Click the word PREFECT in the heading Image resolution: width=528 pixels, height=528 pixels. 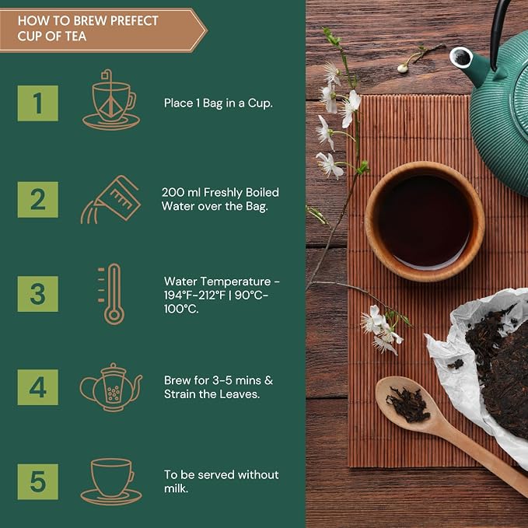point(134,21)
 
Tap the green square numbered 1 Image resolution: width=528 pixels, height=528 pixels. point(37,103)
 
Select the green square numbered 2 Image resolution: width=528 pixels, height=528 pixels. point(37,200)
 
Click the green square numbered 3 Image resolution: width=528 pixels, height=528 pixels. point(37,294)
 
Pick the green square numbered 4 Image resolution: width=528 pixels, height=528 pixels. point(37,387)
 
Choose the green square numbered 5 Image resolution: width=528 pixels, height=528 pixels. point(37,482)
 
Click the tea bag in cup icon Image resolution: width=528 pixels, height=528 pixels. point(111,100)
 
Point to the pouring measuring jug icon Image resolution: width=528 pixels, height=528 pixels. point(110,199)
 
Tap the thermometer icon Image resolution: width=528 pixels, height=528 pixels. point(111,294)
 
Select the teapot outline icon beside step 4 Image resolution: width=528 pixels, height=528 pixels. point(111,387)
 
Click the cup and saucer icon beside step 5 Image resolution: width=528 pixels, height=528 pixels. point(111,481)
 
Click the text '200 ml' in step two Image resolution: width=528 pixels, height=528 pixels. point(181,192)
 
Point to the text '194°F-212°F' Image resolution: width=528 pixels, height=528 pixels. point(194,295)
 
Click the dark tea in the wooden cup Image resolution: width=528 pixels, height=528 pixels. point(425,221)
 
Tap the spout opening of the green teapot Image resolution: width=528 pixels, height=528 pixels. point(461,58)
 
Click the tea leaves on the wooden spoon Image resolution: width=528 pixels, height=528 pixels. point(408,404)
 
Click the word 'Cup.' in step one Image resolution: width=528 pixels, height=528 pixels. point(261,103)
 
